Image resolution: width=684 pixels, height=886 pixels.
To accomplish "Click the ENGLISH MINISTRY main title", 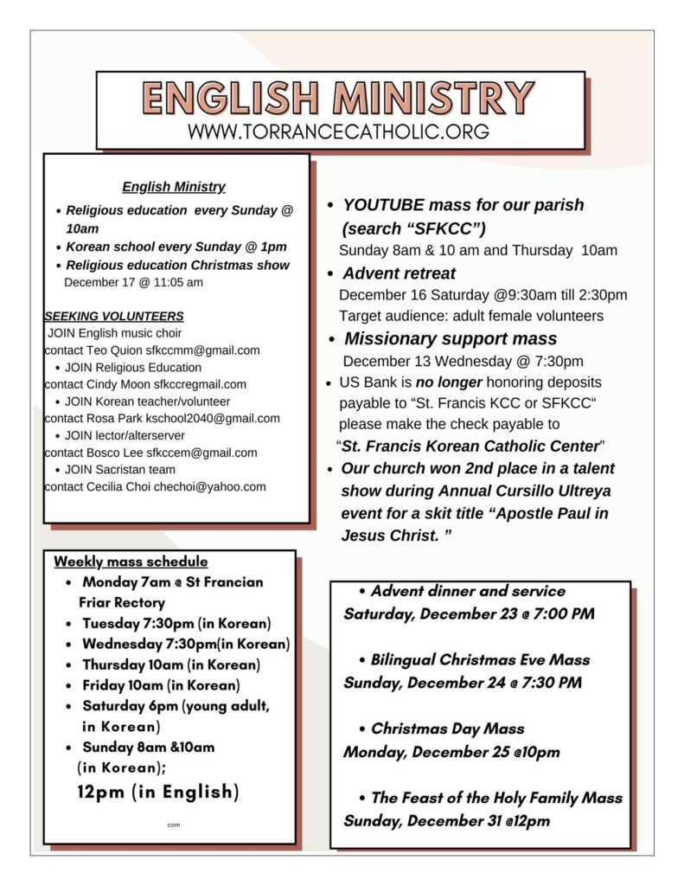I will point(338,98).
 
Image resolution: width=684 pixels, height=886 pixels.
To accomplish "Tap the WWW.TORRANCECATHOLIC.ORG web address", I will point(338,132).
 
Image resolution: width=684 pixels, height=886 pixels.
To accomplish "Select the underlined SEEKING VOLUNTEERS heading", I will point(114,317).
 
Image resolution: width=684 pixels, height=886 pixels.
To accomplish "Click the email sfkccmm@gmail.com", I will point(203,350).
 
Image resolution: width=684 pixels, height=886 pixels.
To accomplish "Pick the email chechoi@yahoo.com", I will point(210,487).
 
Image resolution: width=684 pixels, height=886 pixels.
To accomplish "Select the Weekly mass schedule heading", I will point(131,562).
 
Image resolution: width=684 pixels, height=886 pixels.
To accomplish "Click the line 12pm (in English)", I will point(158,792).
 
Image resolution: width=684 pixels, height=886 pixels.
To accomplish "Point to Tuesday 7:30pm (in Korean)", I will point(176,623).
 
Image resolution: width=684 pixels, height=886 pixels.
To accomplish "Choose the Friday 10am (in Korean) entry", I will point(161,685).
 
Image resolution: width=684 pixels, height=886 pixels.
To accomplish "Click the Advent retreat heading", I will point(399,273).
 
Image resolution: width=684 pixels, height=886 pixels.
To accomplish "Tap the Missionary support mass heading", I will point(451,338).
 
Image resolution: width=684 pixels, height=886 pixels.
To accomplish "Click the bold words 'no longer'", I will point(448,382).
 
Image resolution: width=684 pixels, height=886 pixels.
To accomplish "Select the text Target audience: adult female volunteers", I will point(471,317).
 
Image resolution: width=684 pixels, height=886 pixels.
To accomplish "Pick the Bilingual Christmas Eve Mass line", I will point(480,659).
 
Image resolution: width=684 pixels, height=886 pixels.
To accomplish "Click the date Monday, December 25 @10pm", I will point(451,752).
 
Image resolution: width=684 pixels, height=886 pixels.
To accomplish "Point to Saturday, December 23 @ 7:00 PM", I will point(469,614).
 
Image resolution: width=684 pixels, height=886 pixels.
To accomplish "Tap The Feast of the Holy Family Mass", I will point(496,798).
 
